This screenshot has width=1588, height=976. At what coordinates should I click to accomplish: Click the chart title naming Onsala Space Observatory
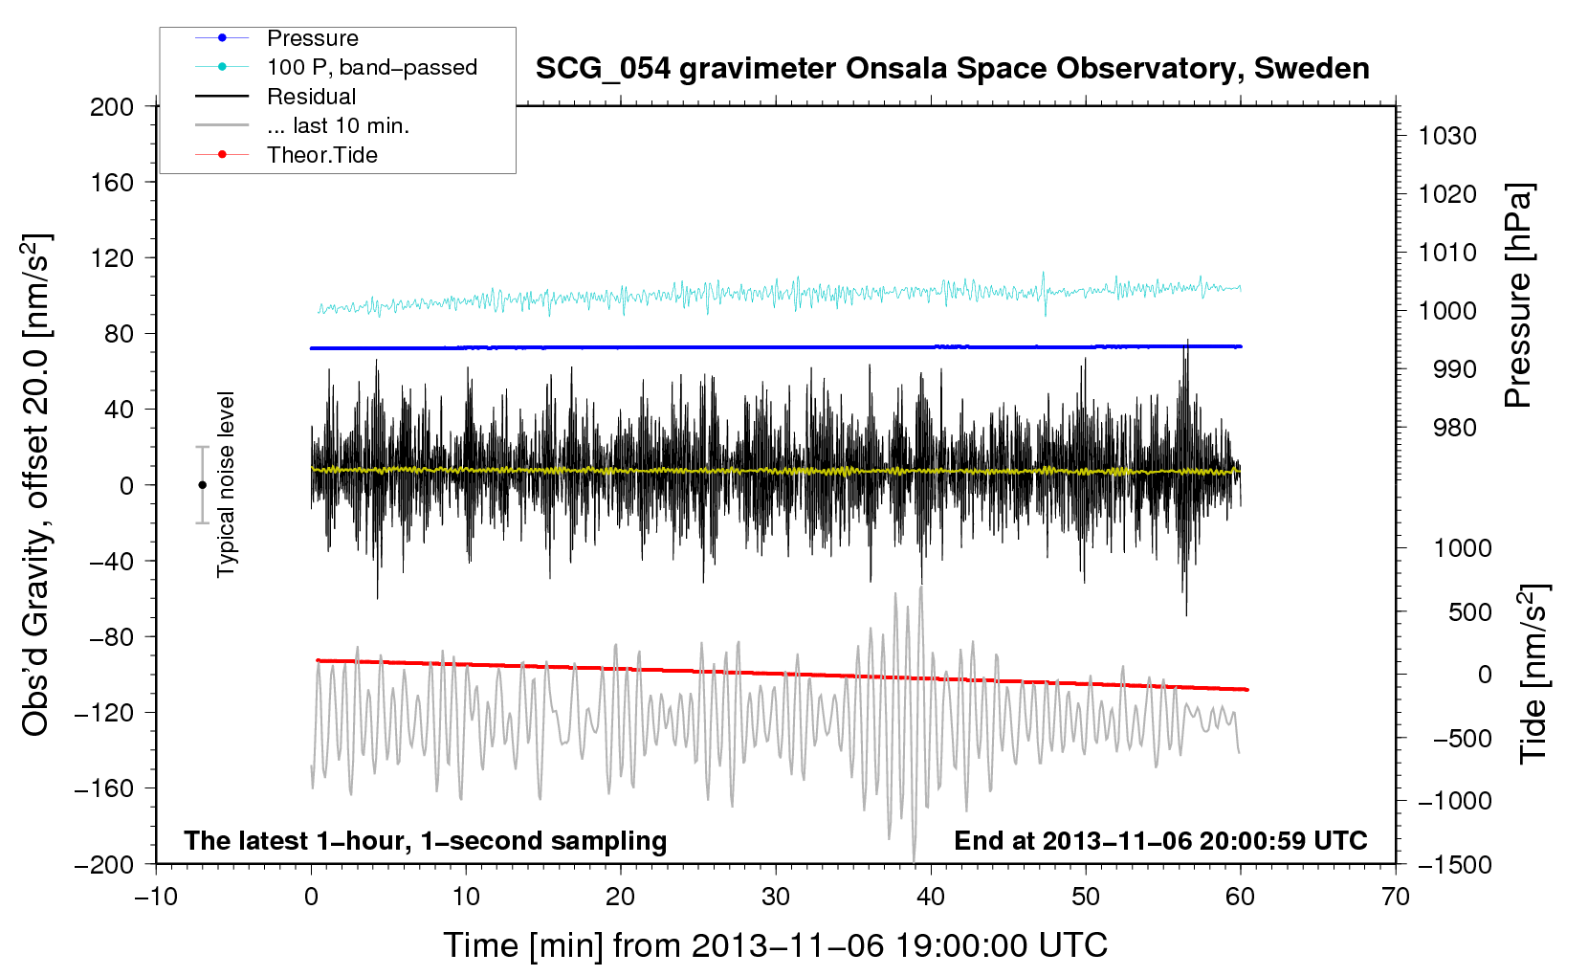(x=952, y=69)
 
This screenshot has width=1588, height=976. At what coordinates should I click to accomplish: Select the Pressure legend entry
(x=312, y=38)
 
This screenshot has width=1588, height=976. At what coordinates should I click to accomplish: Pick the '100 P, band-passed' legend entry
(x=371, y=67)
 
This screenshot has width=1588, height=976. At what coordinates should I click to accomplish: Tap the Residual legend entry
(x=311, y=97)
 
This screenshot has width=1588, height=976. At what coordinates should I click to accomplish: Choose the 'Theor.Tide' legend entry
(x=321, y=155)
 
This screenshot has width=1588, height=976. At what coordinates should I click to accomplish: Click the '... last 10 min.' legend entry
(x=338, y=125)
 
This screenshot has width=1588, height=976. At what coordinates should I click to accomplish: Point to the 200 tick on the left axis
(x=112, y=106)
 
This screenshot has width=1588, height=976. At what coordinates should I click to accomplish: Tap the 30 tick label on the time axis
(x=776, y=897)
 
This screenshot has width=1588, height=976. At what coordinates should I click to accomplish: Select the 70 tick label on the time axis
(x=1396, y=897)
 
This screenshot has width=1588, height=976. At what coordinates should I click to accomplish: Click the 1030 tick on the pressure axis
(x=1446, y=136)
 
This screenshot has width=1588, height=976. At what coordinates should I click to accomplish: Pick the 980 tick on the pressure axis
(x=1454, y=428)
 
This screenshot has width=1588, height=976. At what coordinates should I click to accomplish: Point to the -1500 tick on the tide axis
(x=1454, y=864)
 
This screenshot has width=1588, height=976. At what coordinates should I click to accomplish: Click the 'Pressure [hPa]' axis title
(x=1518, y=296)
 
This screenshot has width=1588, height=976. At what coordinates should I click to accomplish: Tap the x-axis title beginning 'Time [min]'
(x=775, y=945)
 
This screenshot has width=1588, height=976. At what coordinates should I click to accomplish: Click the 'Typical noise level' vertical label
(x=226, y=484)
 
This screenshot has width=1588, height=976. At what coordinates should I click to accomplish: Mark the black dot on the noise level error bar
(x=202, y=485)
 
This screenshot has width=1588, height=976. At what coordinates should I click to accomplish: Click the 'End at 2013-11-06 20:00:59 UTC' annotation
(x=1160, y=840)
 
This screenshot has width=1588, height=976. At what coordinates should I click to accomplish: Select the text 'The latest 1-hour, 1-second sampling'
(x=426, y=840)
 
